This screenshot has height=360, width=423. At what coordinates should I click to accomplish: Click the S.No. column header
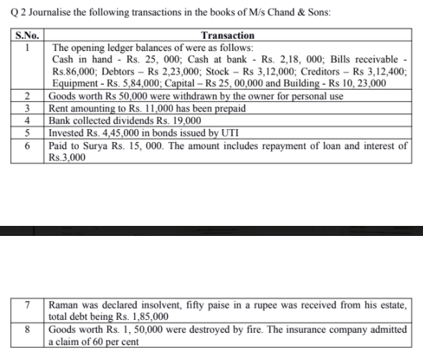pos(26,35)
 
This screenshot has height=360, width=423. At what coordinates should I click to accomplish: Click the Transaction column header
pos(228,35)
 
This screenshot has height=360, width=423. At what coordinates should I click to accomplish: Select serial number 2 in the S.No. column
pos(27,97)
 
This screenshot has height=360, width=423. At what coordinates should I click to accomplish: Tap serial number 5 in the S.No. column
pos(27,133)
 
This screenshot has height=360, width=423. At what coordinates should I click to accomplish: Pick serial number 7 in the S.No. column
pos(27,304)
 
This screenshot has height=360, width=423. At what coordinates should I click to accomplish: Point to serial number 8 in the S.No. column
pos(27,329)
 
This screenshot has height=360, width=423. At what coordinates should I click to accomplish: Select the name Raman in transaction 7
pos(67,304)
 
